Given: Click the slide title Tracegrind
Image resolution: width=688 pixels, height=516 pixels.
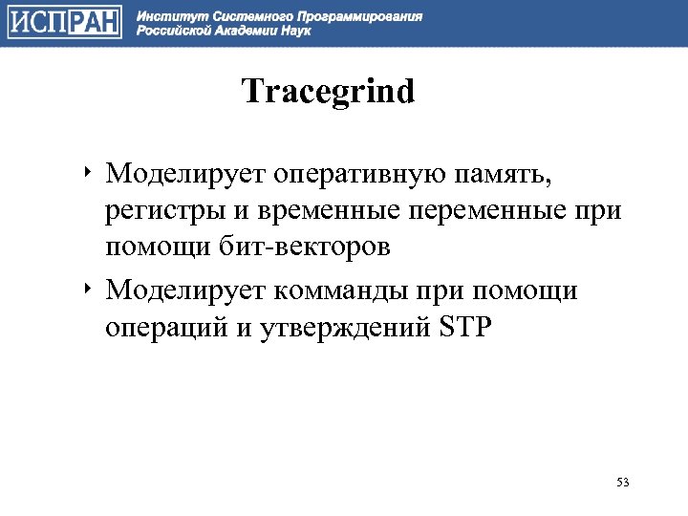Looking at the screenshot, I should [x=328, y=94].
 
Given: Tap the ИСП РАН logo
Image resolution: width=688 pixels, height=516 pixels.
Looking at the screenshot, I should [x=65, y=23].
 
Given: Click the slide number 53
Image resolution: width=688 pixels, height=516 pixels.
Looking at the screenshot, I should [x=623, y=482].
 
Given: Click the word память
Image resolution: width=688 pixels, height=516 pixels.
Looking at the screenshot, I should [x=511, y=176].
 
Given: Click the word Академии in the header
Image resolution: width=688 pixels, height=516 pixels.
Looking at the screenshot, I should [x=243, y=31].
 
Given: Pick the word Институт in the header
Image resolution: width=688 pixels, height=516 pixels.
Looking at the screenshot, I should [x=164, y=16].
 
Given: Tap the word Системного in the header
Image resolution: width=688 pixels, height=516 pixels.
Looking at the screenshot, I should [x=244, y=16].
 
